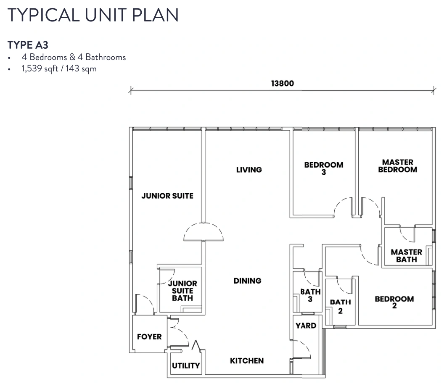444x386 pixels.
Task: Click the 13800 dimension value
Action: coord(282,84)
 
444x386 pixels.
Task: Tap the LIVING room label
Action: coord(249,170)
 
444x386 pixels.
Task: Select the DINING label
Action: coord(248,281)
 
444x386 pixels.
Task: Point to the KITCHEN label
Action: coord(247,360)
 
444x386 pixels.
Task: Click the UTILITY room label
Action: coord(186,366)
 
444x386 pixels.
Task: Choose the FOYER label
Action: coord(149,336)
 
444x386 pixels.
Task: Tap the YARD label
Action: coord(306,326)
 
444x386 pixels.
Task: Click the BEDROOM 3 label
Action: coord(324,168)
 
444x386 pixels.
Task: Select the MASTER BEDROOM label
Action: coord(398,166)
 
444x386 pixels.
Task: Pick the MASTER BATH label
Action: coord(406,256)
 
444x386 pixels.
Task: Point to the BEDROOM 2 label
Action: coord(394,302)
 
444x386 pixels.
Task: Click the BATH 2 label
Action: coord(341,307)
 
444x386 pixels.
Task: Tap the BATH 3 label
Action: coord(310,295)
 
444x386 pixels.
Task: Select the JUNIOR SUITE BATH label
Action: coord(182,291)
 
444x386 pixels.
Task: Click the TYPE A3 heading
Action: coord(28,45)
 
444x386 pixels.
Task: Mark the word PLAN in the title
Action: coord(155,15)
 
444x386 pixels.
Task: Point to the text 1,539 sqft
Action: coord(40,69)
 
